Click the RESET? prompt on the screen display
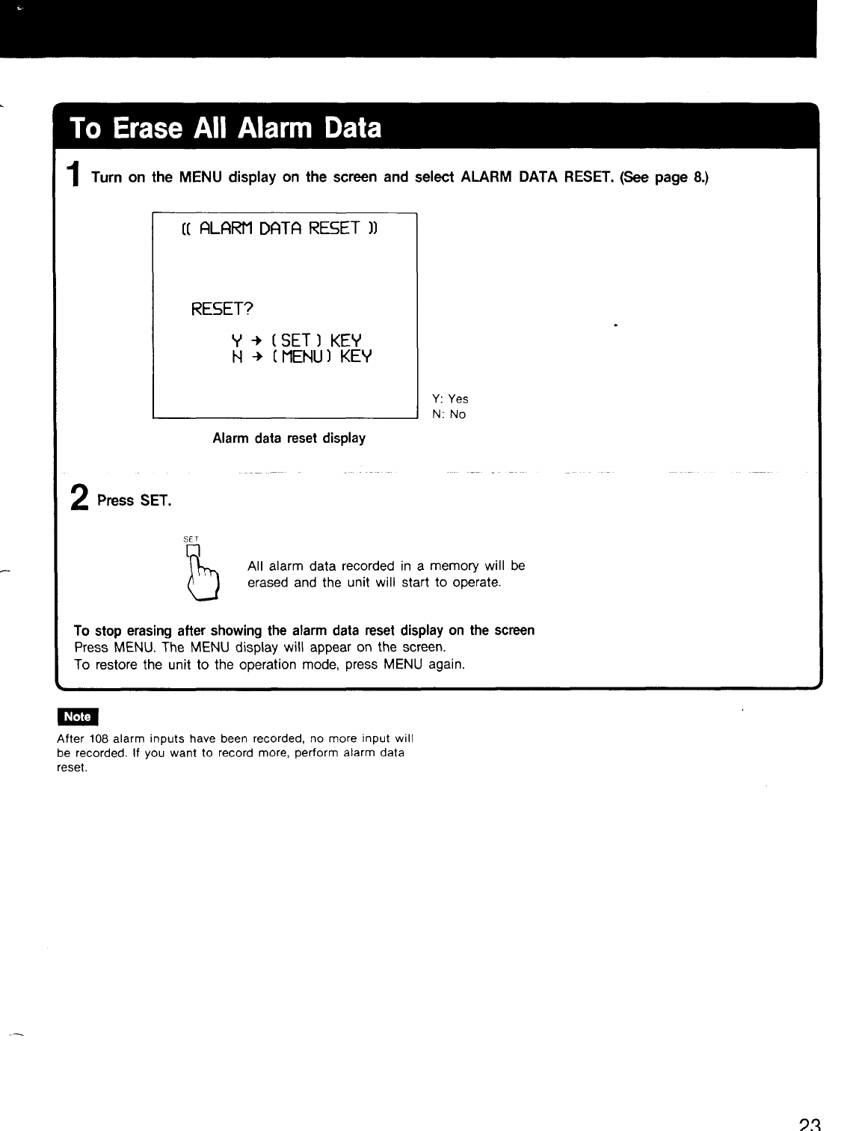coord(223,309)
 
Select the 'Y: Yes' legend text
coord(450,399)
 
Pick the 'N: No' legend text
coord(449,414)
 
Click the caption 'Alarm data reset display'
coord(289,438)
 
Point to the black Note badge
coord(78,717)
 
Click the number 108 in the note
coord(99,739)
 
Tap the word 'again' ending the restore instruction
coord(446,664)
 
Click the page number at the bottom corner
coord(810,1124)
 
